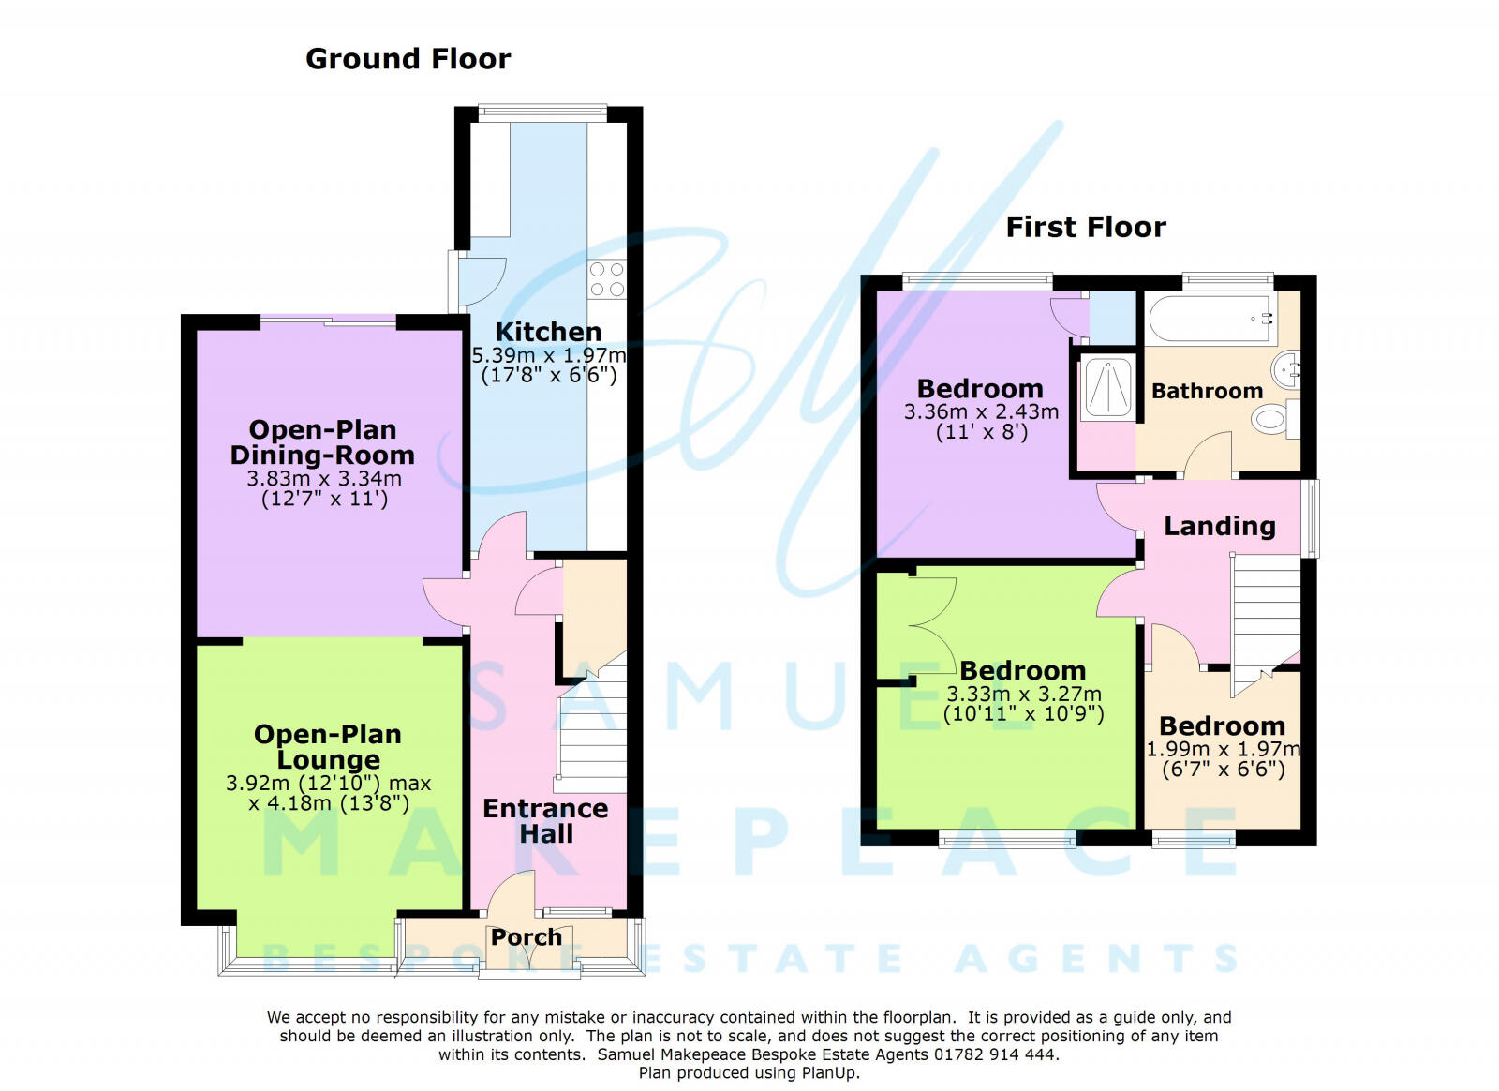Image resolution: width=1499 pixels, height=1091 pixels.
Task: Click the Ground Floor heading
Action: pyautogui.click(x=408, y=59)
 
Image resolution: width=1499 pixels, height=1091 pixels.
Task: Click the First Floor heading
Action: pyautogui.click(x=1086, y=227)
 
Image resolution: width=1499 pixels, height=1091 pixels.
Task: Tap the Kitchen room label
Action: pyautogui.click(x=548, y=332)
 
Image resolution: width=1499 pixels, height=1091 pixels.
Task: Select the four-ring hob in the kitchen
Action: pyautogui.click(x=606, y=279)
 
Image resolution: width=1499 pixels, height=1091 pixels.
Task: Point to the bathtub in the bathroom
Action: pyautogui.click(x=1210, y=319)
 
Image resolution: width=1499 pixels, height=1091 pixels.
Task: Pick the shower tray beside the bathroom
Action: pyautogui.click(x=1108, y=386)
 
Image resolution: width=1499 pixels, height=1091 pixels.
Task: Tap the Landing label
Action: pyautogui.click(x=1219, y=526)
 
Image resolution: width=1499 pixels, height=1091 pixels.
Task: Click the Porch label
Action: pyautogui.click(x=527, y=936)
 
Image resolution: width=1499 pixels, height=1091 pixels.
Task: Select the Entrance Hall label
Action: pyautogui.click(x=545, y=821)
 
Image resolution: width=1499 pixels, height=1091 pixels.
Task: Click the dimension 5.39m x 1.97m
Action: pyautogui.click(x=548, y=356)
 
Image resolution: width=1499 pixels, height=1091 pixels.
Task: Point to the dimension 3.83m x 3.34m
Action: pyautogui.click(x=323, y=478)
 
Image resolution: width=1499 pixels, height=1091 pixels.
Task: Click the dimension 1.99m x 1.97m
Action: pyautogui.click(x=1223, y=749)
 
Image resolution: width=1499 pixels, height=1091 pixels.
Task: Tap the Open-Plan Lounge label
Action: pyautogui.click(x=328, y=746)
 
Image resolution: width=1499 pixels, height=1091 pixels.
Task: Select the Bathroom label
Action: pyautogui.click(x=1207, y=391)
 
